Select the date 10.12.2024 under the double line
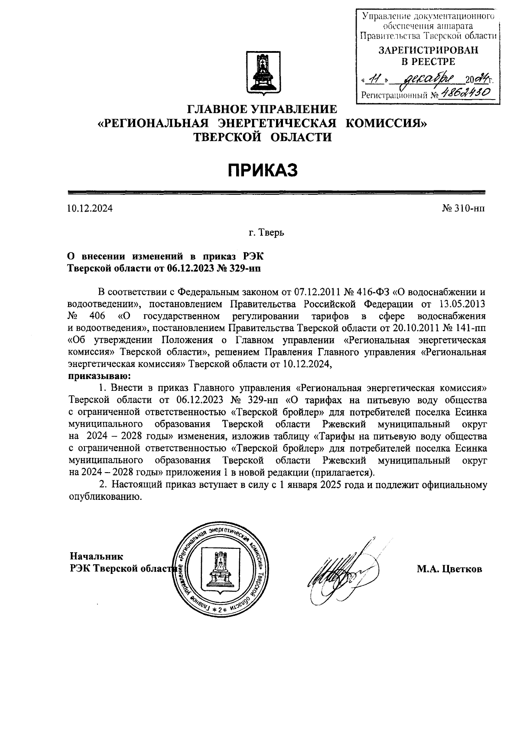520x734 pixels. (x=90, y=209)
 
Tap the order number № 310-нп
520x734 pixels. (x=463, y=209)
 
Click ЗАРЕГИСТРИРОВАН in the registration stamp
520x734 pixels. (x=429, y=50)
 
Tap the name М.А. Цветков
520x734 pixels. (x=449, y=570)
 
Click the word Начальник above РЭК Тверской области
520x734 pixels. (x=97, y=556)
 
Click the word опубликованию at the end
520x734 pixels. (x=105, y=497)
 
